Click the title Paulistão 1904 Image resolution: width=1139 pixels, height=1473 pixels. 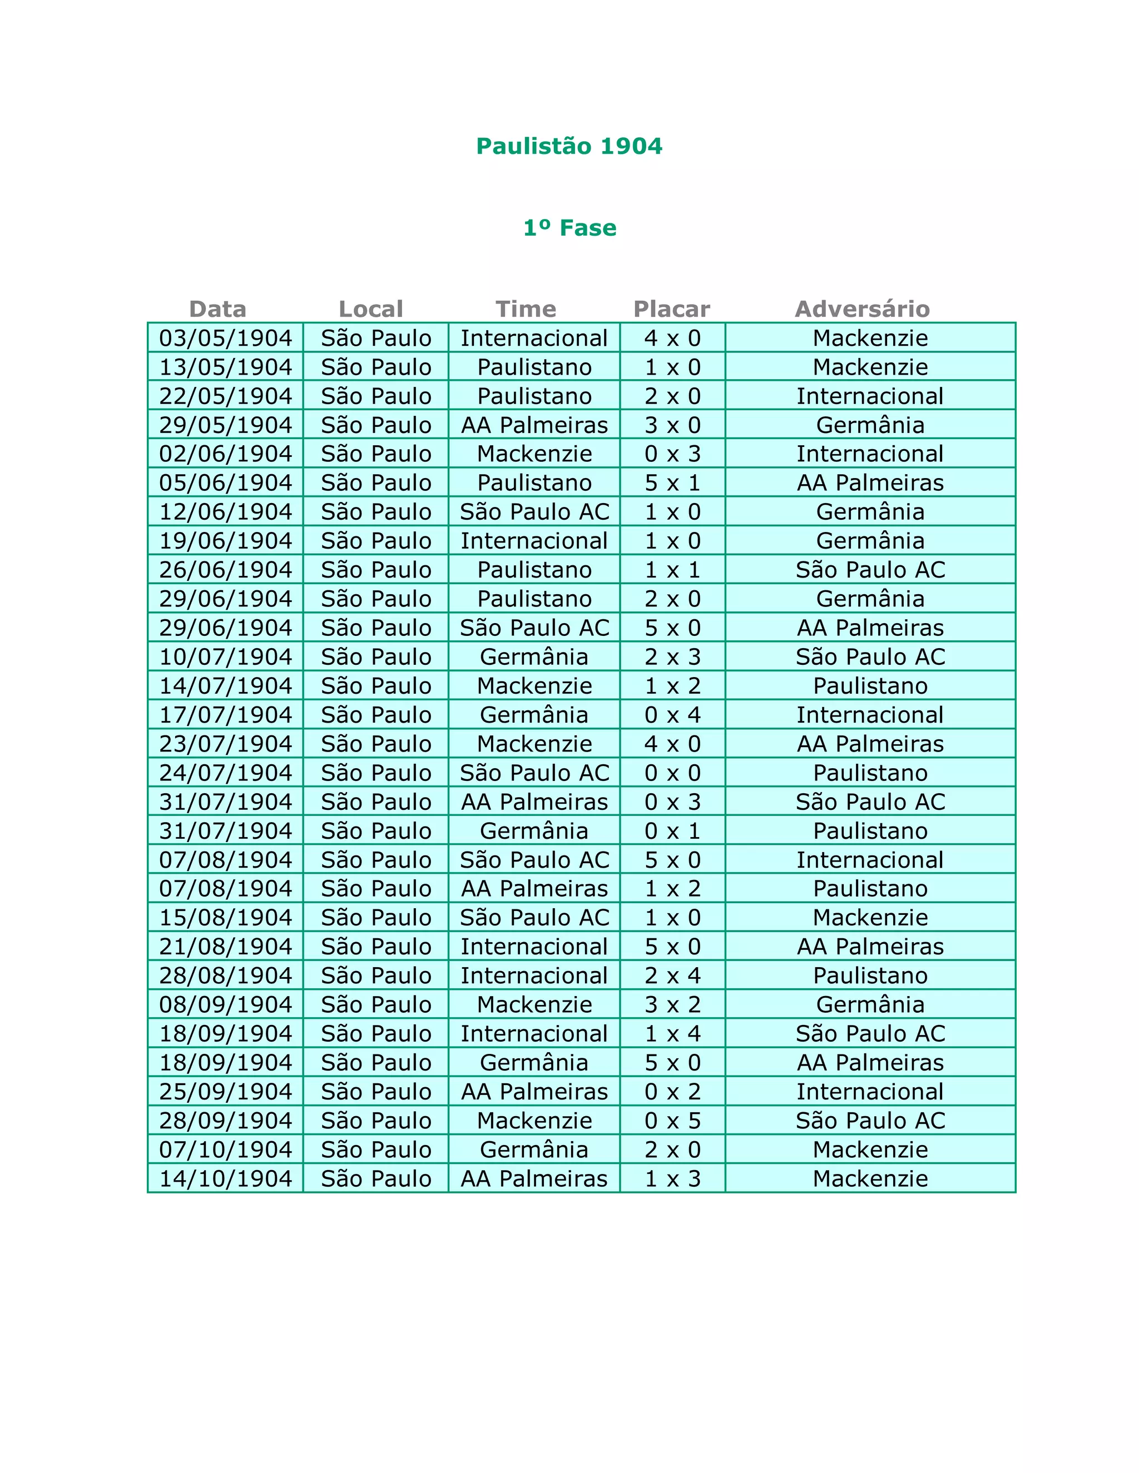tap(569, 146)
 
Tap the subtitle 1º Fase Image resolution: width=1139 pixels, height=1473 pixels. tap(569, 228)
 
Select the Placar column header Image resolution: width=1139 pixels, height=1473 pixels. tap(671, 309)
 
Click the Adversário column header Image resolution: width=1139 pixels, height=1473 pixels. tap(863, 309)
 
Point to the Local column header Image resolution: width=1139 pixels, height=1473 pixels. tap(370, 309)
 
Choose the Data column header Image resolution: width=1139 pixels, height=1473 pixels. tap(217, 309)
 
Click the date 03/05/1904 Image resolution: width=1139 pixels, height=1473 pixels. tap(225, 338)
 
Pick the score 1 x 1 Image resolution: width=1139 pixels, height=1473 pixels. tap(672, 570)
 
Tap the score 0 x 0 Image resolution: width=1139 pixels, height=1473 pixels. tap(672, 773)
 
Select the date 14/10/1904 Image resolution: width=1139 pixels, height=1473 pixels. tap(225, 1179)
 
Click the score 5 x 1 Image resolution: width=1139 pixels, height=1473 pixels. tap(672, 483)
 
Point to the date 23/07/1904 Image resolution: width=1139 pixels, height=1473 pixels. tap(225, 744)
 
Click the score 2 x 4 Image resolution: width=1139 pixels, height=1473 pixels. tap(672, 976)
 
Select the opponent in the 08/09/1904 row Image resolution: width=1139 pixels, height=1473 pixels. tap(870, 1005)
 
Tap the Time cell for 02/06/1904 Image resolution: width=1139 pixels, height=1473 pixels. tap(534, 454)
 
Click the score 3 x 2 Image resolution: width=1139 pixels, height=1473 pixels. tap(672, 1005)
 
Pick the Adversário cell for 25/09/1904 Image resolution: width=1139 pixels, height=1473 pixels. tap(870, 1092)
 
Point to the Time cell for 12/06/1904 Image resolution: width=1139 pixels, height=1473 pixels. tap(534, 512)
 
